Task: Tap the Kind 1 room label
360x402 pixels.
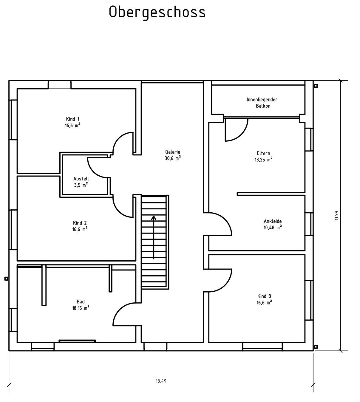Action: tap(73, 122)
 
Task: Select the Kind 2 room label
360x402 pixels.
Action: tap(80, 226)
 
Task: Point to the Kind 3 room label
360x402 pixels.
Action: tap(264, 299)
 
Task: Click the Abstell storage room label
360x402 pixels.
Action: tap(81, 182)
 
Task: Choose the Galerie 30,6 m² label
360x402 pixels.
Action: tap(173, 155)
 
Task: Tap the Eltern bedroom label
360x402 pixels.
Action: tap(264, 156)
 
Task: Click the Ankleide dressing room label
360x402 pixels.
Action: tap(273, 224)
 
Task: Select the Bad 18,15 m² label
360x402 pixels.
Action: tap(81, 305)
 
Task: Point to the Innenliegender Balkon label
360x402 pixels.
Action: tap(262, 103)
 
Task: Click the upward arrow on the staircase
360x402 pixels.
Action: tap(154, 237)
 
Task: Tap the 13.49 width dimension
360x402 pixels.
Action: tap(161, 381)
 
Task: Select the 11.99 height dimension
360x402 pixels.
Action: tap(336, 216)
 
